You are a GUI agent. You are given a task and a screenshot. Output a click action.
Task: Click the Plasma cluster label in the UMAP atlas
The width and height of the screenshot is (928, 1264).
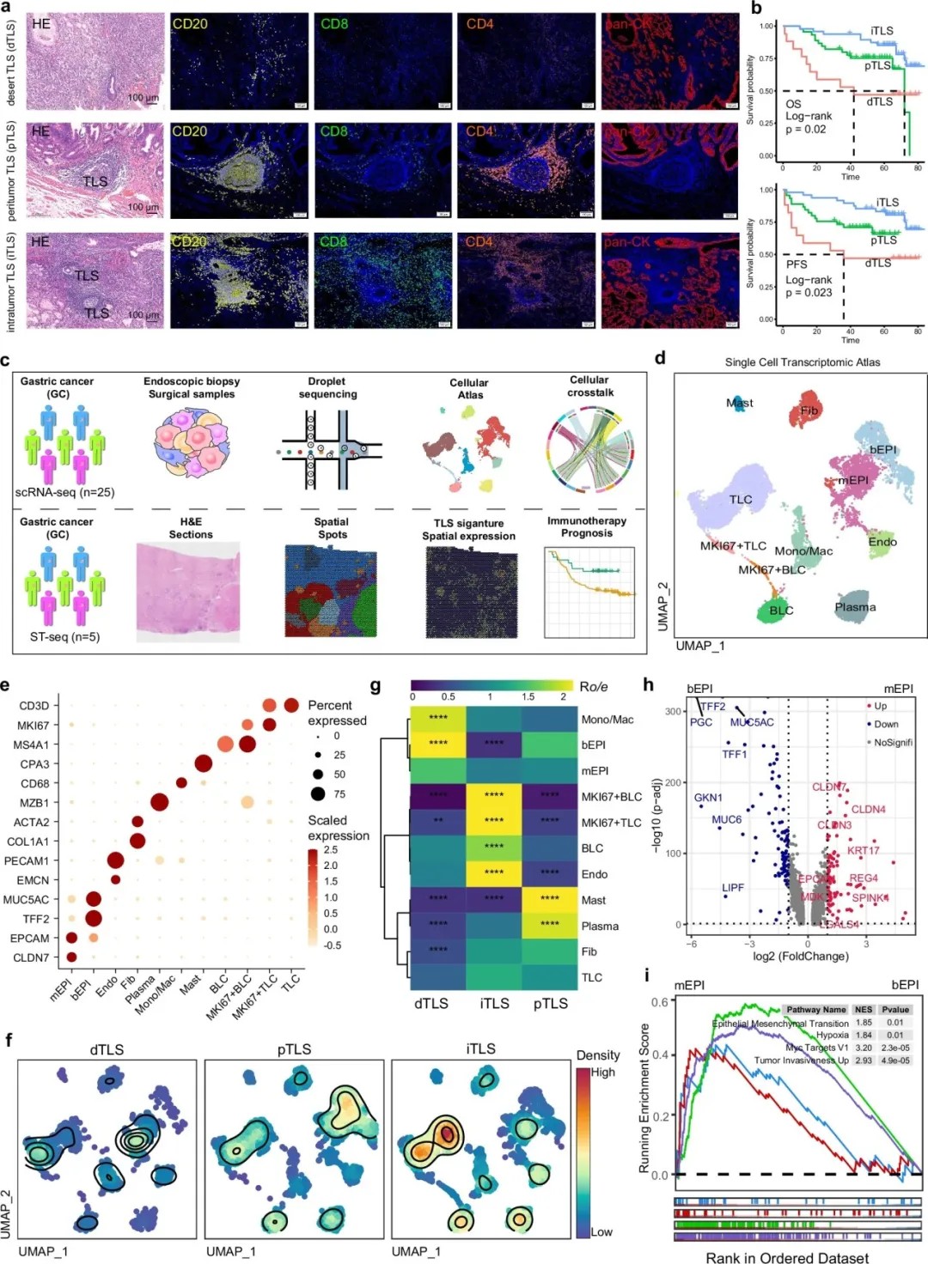coord(855,607)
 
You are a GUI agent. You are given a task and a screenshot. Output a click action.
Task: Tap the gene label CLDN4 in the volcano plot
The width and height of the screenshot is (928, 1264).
coord(868,809)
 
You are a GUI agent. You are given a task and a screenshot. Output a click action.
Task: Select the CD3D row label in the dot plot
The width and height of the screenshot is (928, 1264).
coord(34,706)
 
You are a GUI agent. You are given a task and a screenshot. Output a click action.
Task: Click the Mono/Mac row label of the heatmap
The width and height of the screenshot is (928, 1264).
coord(607,720)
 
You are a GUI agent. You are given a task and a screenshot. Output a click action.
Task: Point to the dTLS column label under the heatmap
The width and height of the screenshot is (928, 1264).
coord(431,1003)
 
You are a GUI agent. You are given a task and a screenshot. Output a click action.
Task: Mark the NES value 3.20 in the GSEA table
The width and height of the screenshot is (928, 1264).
coord(864,1048)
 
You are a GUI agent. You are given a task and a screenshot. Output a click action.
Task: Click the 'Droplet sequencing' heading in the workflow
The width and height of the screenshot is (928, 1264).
coord(327,387)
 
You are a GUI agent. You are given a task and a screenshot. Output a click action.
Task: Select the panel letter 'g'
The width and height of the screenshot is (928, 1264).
coord(375,686)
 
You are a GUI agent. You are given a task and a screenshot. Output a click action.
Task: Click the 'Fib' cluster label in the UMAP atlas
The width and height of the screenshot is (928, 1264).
coord(809,410)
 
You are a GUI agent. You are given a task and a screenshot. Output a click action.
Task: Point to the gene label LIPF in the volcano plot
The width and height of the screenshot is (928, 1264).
coord(733,888)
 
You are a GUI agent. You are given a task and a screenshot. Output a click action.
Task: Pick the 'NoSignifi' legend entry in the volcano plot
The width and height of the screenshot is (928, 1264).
coord(893,742)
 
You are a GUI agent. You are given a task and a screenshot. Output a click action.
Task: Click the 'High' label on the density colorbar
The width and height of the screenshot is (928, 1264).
coord(602,1073)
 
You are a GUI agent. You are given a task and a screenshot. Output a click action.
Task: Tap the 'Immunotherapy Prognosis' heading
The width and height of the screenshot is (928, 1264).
coord(587,526)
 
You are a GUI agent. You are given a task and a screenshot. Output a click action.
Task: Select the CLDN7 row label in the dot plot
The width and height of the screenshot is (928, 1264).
coord(32,957)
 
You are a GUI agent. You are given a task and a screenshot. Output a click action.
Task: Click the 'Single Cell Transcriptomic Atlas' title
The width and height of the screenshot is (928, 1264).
coord(802,362)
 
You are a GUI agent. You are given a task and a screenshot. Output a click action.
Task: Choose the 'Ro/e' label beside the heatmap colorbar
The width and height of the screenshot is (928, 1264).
coord(593,687)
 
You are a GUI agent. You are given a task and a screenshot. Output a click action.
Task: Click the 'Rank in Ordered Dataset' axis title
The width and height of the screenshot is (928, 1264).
coord(787,1257)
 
